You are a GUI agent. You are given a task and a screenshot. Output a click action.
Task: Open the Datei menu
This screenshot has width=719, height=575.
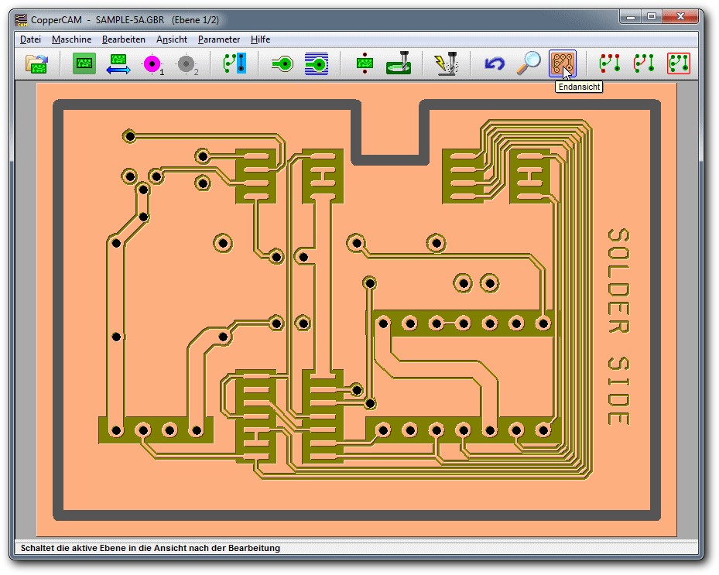(x=30, y=39)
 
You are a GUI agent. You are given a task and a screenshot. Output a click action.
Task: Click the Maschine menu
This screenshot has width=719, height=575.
(x=71, y=39)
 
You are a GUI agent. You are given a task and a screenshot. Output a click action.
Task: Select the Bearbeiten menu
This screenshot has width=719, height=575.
(x=123, y=39)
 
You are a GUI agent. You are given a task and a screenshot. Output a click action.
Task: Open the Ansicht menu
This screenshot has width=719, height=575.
(x=172, y=39)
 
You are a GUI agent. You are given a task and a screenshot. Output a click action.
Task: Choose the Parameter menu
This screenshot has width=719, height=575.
(x=219, y=39)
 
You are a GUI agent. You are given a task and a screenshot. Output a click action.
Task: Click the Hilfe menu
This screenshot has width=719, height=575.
(x=260, y=39)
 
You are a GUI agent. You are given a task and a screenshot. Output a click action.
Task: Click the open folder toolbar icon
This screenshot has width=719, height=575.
(x=37, y=63)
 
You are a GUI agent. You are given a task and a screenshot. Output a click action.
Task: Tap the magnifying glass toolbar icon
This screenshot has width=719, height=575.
(x=529, y=63)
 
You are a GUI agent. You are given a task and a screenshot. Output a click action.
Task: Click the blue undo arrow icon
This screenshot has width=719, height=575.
(x=495, y=63)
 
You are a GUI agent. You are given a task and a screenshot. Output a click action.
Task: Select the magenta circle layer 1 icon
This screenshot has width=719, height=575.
(x=152, y=63)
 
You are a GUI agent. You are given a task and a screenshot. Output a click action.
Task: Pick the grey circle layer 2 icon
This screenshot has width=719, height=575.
(x=187, y=64)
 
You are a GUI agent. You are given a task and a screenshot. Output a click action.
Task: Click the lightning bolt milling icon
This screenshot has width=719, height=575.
(x=446, y=63)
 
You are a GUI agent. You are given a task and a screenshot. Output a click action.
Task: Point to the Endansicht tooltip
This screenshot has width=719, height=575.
(x=579, y=87)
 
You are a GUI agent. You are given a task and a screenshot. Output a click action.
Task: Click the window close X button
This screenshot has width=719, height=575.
(x=680, y=16)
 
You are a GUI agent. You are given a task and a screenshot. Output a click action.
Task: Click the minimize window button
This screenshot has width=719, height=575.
(x=631, y=16)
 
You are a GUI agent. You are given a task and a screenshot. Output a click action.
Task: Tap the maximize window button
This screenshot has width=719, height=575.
(x=652, y=16)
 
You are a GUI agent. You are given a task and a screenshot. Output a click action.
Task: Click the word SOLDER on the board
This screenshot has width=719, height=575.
(x=618, y=281)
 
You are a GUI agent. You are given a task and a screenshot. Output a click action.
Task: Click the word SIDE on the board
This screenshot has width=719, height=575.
(x=618, y=390)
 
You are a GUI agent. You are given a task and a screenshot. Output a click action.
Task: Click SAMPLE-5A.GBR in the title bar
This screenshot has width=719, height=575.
(x=130, y=20)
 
